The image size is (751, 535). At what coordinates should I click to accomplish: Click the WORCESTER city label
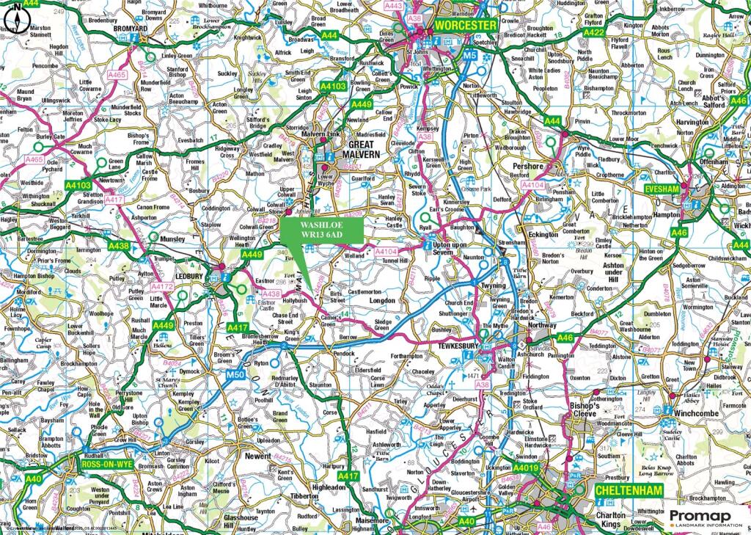pyautogui.click(x=466, y=24)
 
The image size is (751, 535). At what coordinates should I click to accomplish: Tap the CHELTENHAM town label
pyautogui.click(x=629, y=489)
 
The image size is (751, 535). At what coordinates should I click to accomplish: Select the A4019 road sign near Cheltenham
pyautogui.click(x=526, y=467)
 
